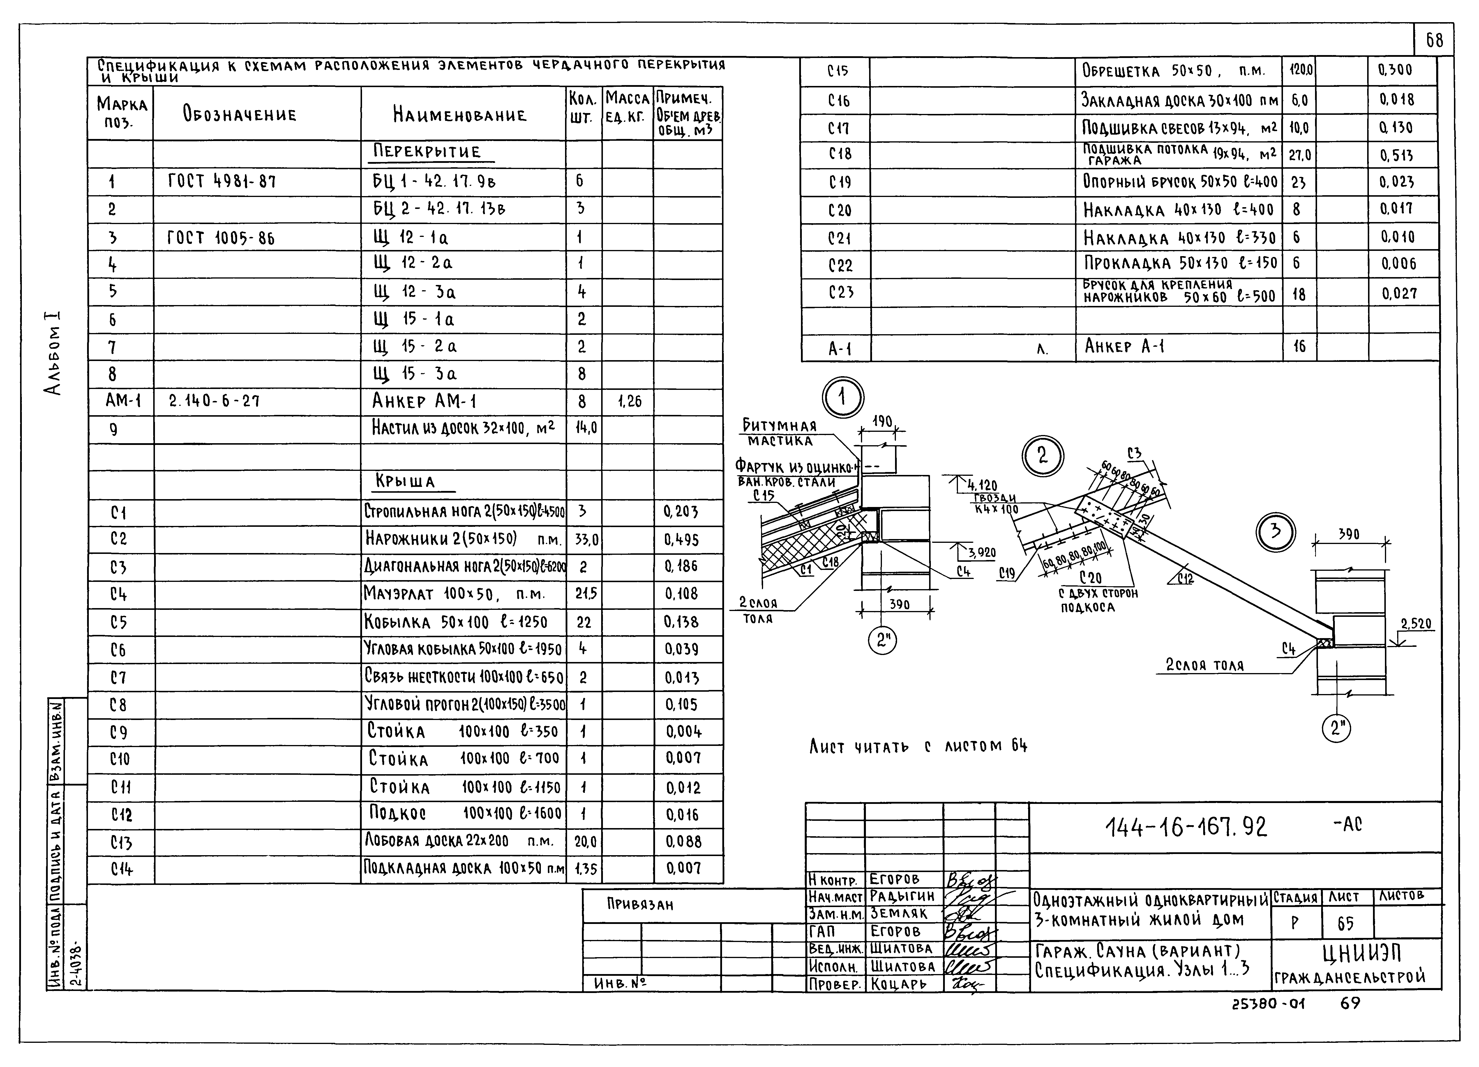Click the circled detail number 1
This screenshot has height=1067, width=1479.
[843, 397]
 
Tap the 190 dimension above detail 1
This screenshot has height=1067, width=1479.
[882, 422]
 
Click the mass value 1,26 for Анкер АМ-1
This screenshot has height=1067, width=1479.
[629, 402]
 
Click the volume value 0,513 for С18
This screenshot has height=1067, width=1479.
[1395, 155]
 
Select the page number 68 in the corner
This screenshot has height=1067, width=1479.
[1434, 41]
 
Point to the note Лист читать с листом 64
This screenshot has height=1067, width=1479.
[918, 745]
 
